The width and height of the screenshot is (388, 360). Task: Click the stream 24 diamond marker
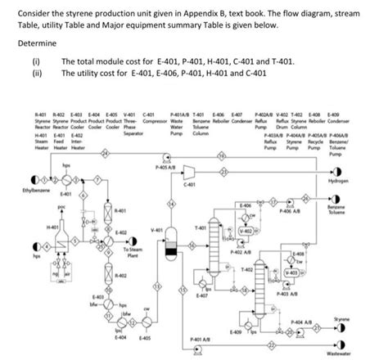pos(105,153)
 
